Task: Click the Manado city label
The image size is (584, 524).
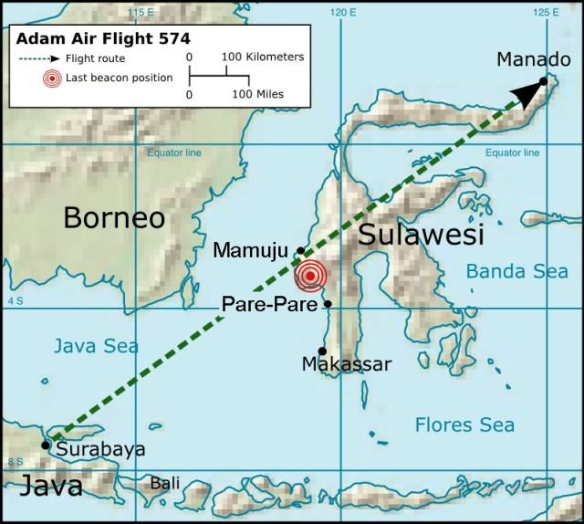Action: (534, 59)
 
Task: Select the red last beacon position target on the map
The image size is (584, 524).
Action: (311, 275)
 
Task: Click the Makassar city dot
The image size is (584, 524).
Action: (322, 351)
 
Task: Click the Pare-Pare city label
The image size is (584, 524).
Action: (270, 303)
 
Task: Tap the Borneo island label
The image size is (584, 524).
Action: (114, 218)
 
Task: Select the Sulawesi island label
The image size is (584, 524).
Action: (420, 235)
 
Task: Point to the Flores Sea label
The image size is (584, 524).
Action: (464, 424)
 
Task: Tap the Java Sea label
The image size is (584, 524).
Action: (96, 346)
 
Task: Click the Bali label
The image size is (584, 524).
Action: (165, 482)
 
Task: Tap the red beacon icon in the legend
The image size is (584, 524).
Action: (54, 79)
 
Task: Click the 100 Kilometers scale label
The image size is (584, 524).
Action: (264, 57)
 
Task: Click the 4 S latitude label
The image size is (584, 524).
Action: (14, 299)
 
